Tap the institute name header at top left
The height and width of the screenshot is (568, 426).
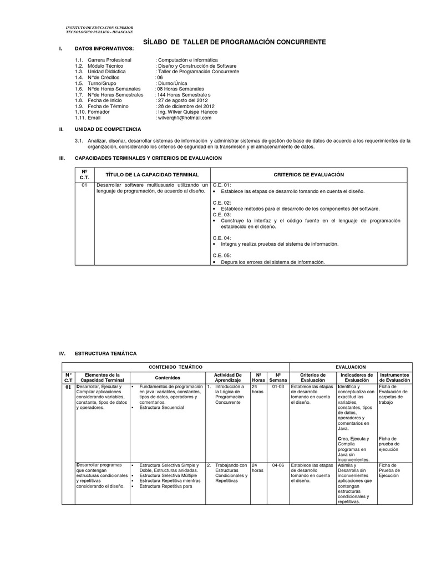tap(99, 29)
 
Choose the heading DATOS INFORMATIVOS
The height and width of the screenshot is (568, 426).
tap(104, 49)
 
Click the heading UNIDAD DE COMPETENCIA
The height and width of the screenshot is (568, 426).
tap(108, 129)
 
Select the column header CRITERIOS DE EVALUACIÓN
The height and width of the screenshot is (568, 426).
tap(309, 175)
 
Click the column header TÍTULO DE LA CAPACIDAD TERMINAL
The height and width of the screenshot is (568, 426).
tap(153, 175)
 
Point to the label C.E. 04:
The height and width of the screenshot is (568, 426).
tap(222, 238)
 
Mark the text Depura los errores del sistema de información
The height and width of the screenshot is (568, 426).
tap(272, 262)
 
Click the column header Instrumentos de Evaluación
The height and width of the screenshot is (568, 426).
tap(394, 377)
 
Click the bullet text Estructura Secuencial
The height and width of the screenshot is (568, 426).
tap(161, 408)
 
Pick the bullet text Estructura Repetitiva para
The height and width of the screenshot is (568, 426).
tap(165, 486)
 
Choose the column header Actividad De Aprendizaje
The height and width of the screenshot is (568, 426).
tap(227, 377)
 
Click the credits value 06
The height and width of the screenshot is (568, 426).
tap(160, 77)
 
